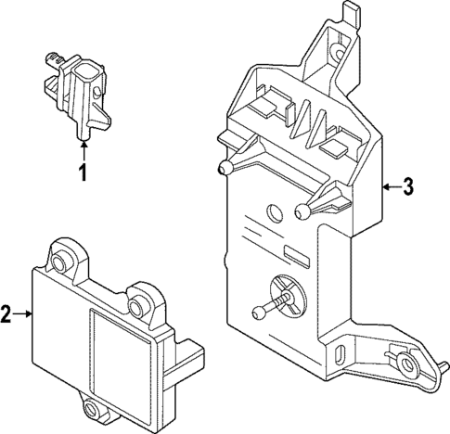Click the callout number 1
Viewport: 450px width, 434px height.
tap(82, 172)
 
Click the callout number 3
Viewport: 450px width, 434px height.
tap(409, 187)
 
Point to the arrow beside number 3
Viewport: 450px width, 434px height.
tap(389, 187)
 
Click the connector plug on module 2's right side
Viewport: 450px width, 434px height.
tap(189, 357)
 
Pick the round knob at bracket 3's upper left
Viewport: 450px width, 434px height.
tap(226, 168)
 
